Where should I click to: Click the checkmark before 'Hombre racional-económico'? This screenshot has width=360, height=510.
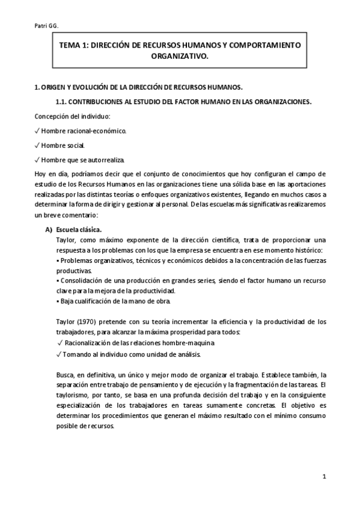tap(37, 130)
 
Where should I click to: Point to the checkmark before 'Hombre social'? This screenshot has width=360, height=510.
tap(37, 145)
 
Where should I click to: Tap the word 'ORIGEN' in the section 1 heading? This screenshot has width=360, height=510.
tap(55, 87)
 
